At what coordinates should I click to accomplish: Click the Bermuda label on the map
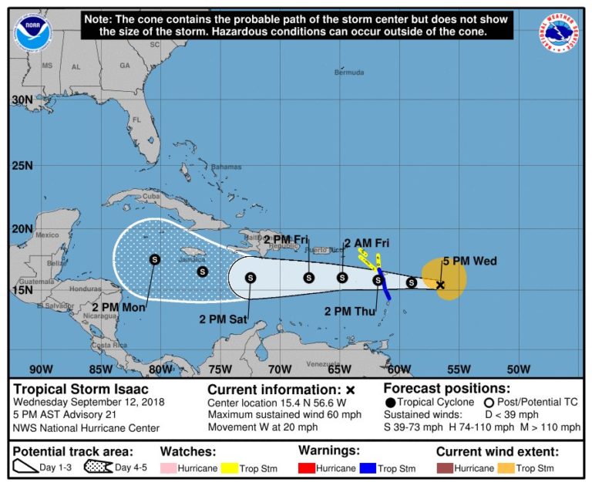tap(348, 73)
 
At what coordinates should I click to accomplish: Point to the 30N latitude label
tap(22, 100)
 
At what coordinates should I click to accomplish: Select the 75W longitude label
tap(221, 368)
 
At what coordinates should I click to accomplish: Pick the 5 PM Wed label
tap(469, 262)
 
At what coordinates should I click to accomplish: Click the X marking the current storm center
tap(440, 285)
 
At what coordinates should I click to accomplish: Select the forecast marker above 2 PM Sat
tap(250, 278)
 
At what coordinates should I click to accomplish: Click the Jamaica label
tap(192, 259)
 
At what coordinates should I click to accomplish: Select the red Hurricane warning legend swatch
tap(311, 468)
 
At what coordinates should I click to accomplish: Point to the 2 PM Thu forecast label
tap(348, 312)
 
